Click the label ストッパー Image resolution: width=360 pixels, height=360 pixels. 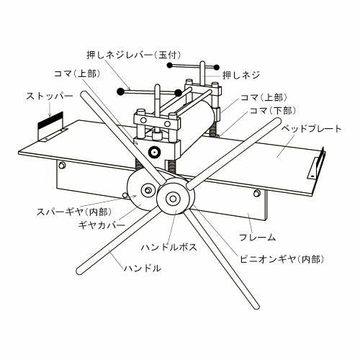tap(49, 96)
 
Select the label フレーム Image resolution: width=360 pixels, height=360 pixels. tap(257, 238)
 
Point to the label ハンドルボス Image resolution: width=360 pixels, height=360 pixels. tap(169, 247)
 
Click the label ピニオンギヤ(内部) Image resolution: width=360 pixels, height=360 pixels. tap(282, 259)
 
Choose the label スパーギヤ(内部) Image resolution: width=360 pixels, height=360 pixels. tap(74, 212)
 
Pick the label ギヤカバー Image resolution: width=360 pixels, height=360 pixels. tap(102, 225)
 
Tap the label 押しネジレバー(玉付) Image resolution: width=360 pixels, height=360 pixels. tap(134, 55)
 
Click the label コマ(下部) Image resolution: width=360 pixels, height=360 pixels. tap(273, 111)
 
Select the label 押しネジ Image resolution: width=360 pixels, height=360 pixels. tap(241, 76)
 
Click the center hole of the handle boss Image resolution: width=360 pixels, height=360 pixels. tap(172, 198)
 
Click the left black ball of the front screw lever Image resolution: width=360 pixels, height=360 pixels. tap(120, 91)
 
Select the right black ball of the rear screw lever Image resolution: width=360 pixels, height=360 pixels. tap(217, 67)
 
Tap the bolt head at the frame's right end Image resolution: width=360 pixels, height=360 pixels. tap(257, 192)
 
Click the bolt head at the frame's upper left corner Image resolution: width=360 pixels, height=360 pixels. tap(62, 165)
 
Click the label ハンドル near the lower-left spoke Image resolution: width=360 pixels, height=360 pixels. tap(143, 268)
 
